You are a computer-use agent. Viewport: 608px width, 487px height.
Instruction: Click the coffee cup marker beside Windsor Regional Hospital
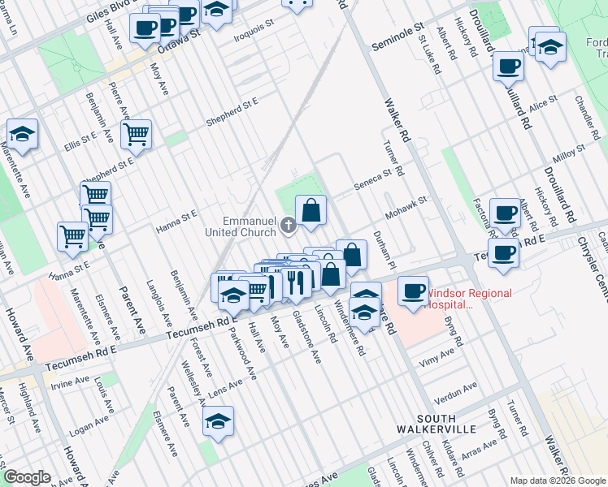414,291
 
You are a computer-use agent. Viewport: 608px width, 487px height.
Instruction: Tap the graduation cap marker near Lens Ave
217,421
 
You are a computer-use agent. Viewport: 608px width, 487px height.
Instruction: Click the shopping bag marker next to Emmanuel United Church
311,211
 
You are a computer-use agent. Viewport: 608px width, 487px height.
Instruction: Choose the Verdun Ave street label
457,393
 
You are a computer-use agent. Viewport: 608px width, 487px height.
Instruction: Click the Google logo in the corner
27,477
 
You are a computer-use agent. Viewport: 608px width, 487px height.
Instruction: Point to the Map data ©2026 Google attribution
557,481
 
